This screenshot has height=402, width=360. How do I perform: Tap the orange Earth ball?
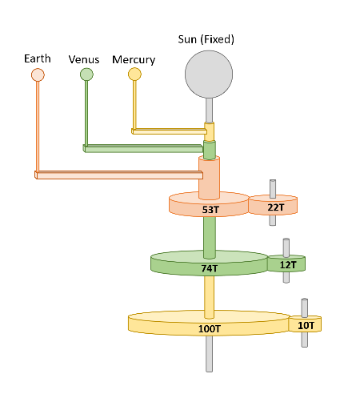38,74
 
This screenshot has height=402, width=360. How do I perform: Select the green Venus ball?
86,74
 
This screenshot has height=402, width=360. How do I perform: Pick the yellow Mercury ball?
134,74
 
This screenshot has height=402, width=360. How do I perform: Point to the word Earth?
38,58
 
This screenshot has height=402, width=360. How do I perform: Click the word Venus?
84,60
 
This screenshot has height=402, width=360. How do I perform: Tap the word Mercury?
134,60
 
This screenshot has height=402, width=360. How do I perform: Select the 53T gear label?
210,209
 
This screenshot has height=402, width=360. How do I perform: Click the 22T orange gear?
273,207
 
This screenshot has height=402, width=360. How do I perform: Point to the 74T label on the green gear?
210,268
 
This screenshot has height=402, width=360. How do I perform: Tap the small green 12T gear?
287,264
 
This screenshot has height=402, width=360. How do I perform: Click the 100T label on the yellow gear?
209,328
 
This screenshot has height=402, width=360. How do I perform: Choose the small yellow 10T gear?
306,325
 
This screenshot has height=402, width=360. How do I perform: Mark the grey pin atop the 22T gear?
273,188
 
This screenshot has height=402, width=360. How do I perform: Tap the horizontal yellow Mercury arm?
168,131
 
